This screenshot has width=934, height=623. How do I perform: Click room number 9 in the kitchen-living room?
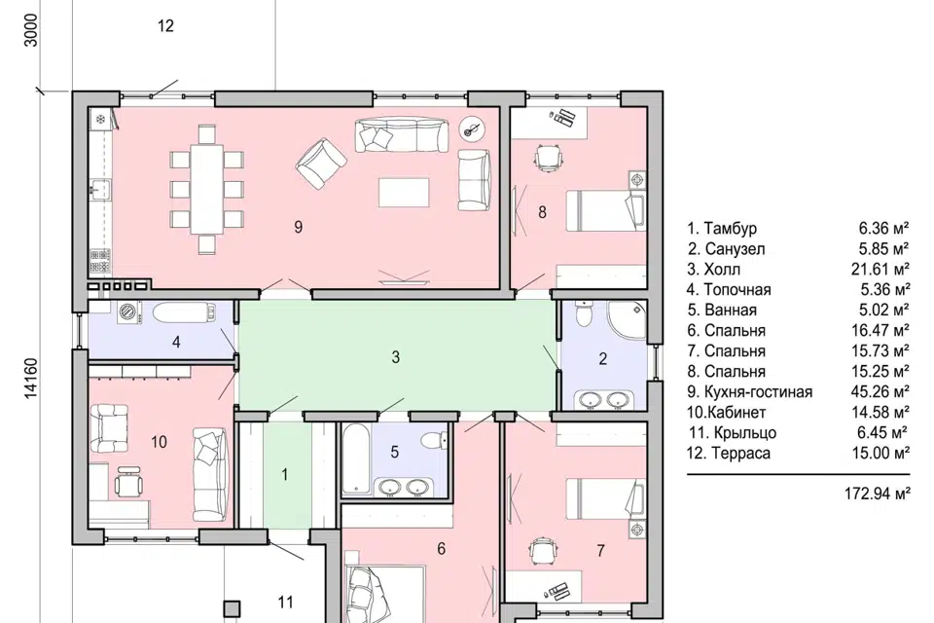299,227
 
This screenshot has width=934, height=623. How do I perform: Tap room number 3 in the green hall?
396,357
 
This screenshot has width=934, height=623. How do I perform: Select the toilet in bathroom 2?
583,313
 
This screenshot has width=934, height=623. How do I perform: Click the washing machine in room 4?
128,312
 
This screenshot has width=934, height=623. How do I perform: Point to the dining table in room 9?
206,189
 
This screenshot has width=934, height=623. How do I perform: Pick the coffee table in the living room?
404,192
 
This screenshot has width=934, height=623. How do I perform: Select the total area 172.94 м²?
878,494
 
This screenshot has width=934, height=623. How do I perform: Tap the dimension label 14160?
31,378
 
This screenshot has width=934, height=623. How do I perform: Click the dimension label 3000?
31,30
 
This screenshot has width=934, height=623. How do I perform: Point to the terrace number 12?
165,25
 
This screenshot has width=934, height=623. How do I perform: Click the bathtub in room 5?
356,459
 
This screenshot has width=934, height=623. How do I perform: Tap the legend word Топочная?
737,290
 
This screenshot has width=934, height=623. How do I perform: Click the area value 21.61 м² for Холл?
880,270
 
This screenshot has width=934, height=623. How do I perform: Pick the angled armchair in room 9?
321,164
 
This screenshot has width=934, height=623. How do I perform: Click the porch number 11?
286,603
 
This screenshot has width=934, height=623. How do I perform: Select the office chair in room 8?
548,158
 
